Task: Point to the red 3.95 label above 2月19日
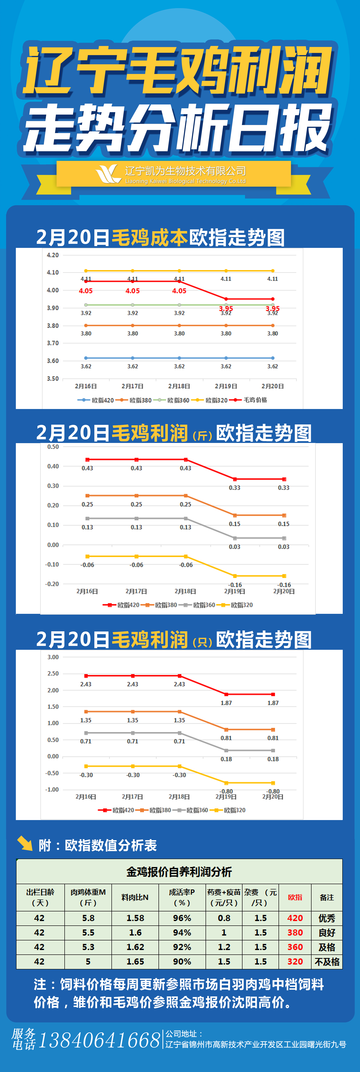pos(226,308)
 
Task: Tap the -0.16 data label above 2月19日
pos(235,585)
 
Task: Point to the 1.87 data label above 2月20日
pos(273,703)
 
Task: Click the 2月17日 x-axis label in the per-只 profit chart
pos(132,796)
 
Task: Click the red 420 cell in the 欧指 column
pos(295,918)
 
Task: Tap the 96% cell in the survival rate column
pos(182,918)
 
